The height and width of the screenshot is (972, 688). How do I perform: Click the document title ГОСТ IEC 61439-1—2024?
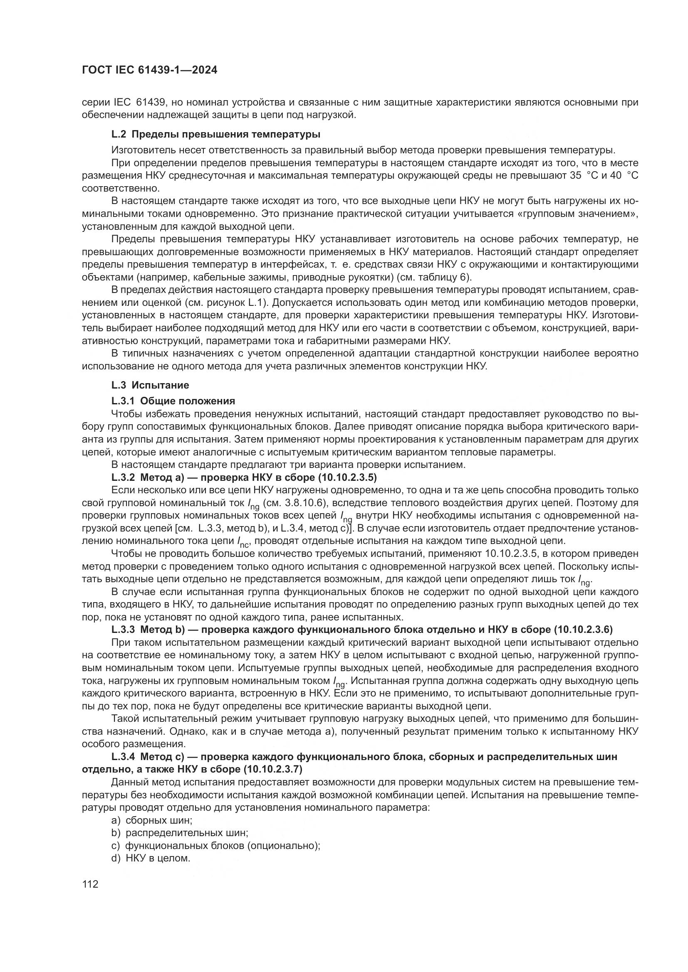[x=149, y=71]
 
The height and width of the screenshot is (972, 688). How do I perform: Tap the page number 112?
[x=90, y=884]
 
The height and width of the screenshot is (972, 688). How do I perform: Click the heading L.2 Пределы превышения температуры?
[x=215, y=135]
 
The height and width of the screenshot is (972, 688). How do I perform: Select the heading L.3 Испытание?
[x=150, y=385]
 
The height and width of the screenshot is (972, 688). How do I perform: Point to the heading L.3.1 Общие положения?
[x=173, y=401]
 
